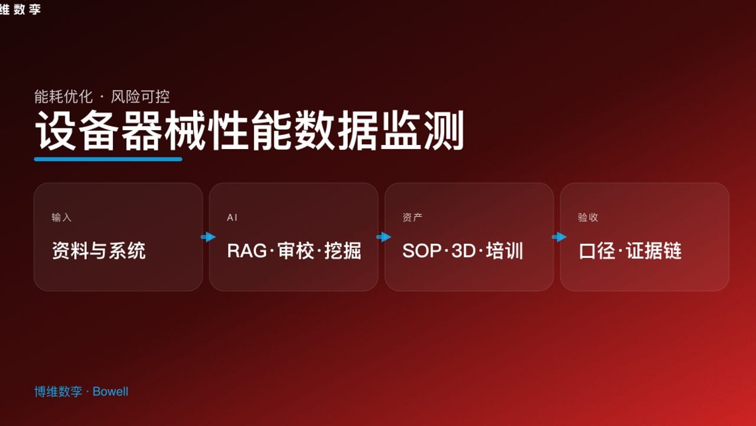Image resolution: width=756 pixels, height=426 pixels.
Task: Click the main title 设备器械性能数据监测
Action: click(x=249, y=131)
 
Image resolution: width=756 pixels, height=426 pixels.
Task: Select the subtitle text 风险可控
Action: click(x=141, y=96)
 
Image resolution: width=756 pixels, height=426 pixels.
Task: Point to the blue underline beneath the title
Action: click(x=108, y=159)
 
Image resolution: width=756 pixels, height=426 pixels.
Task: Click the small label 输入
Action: click(x=61, y=217)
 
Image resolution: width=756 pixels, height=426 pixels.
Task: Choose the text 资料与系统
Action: click(x=99, y=251)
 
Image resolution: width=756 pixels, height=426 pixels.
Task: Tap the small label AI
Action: click(x=232, y=217)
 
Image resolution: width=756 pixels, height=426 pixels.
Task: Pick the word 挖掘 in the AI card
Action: click(x=343, y=251)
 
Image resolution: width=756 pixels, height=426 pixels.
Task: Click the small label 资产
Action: click(x=412, y=217)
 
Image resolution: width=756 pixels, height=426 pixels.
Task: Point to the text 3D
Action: click(x=464, y=251)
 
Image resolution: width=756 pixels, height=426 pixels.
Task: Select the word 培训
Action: click(x=504, y=251)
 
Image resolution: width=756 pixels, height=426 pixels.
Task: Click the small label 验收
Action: click(x=588, y=217)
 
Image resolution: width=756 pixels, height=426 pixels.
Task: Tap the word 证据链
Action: click(x=654, y=251)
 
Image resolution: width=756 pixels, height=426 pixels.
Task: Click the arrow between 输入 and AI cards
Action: click(x=208, y=237)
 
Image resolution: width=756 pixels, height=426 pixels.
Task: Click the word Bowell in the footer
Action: click(x=110, y=392)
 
